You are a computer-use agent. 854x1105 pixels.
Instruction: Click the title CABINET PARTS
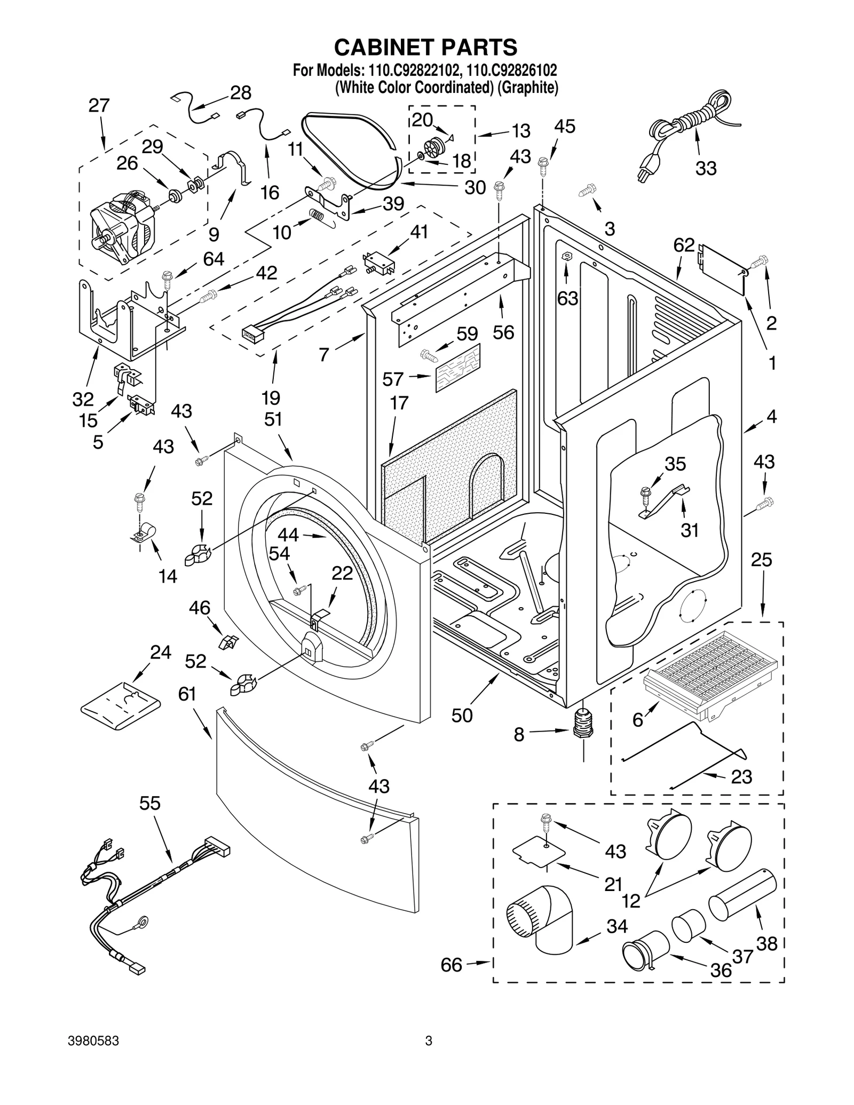425,47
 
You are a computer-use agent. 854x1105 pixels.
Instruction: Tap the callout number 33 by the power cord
706,169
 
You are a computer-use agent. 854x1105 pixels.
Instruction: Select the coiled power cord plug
646,171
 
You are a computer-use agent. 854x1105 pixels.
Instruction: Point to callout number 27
99,106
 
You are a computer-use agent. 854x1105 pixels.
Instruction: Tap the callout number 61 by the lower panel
187,694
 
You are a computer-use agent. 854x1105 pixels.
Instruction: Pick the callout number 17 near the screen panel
399,403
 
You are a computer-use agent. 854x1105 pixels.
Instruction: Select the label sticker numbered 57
458,368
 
